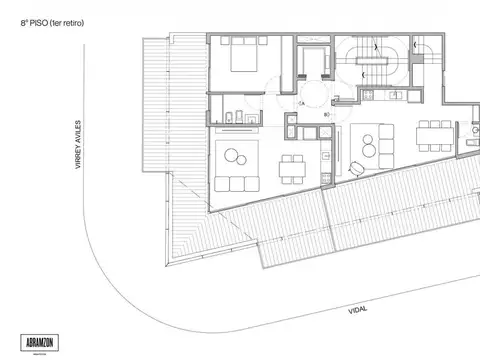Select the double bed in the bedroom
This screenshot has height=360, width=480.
coord(246,60)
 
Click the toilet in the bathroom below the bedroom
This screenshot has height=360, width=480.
coord(229,119)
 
